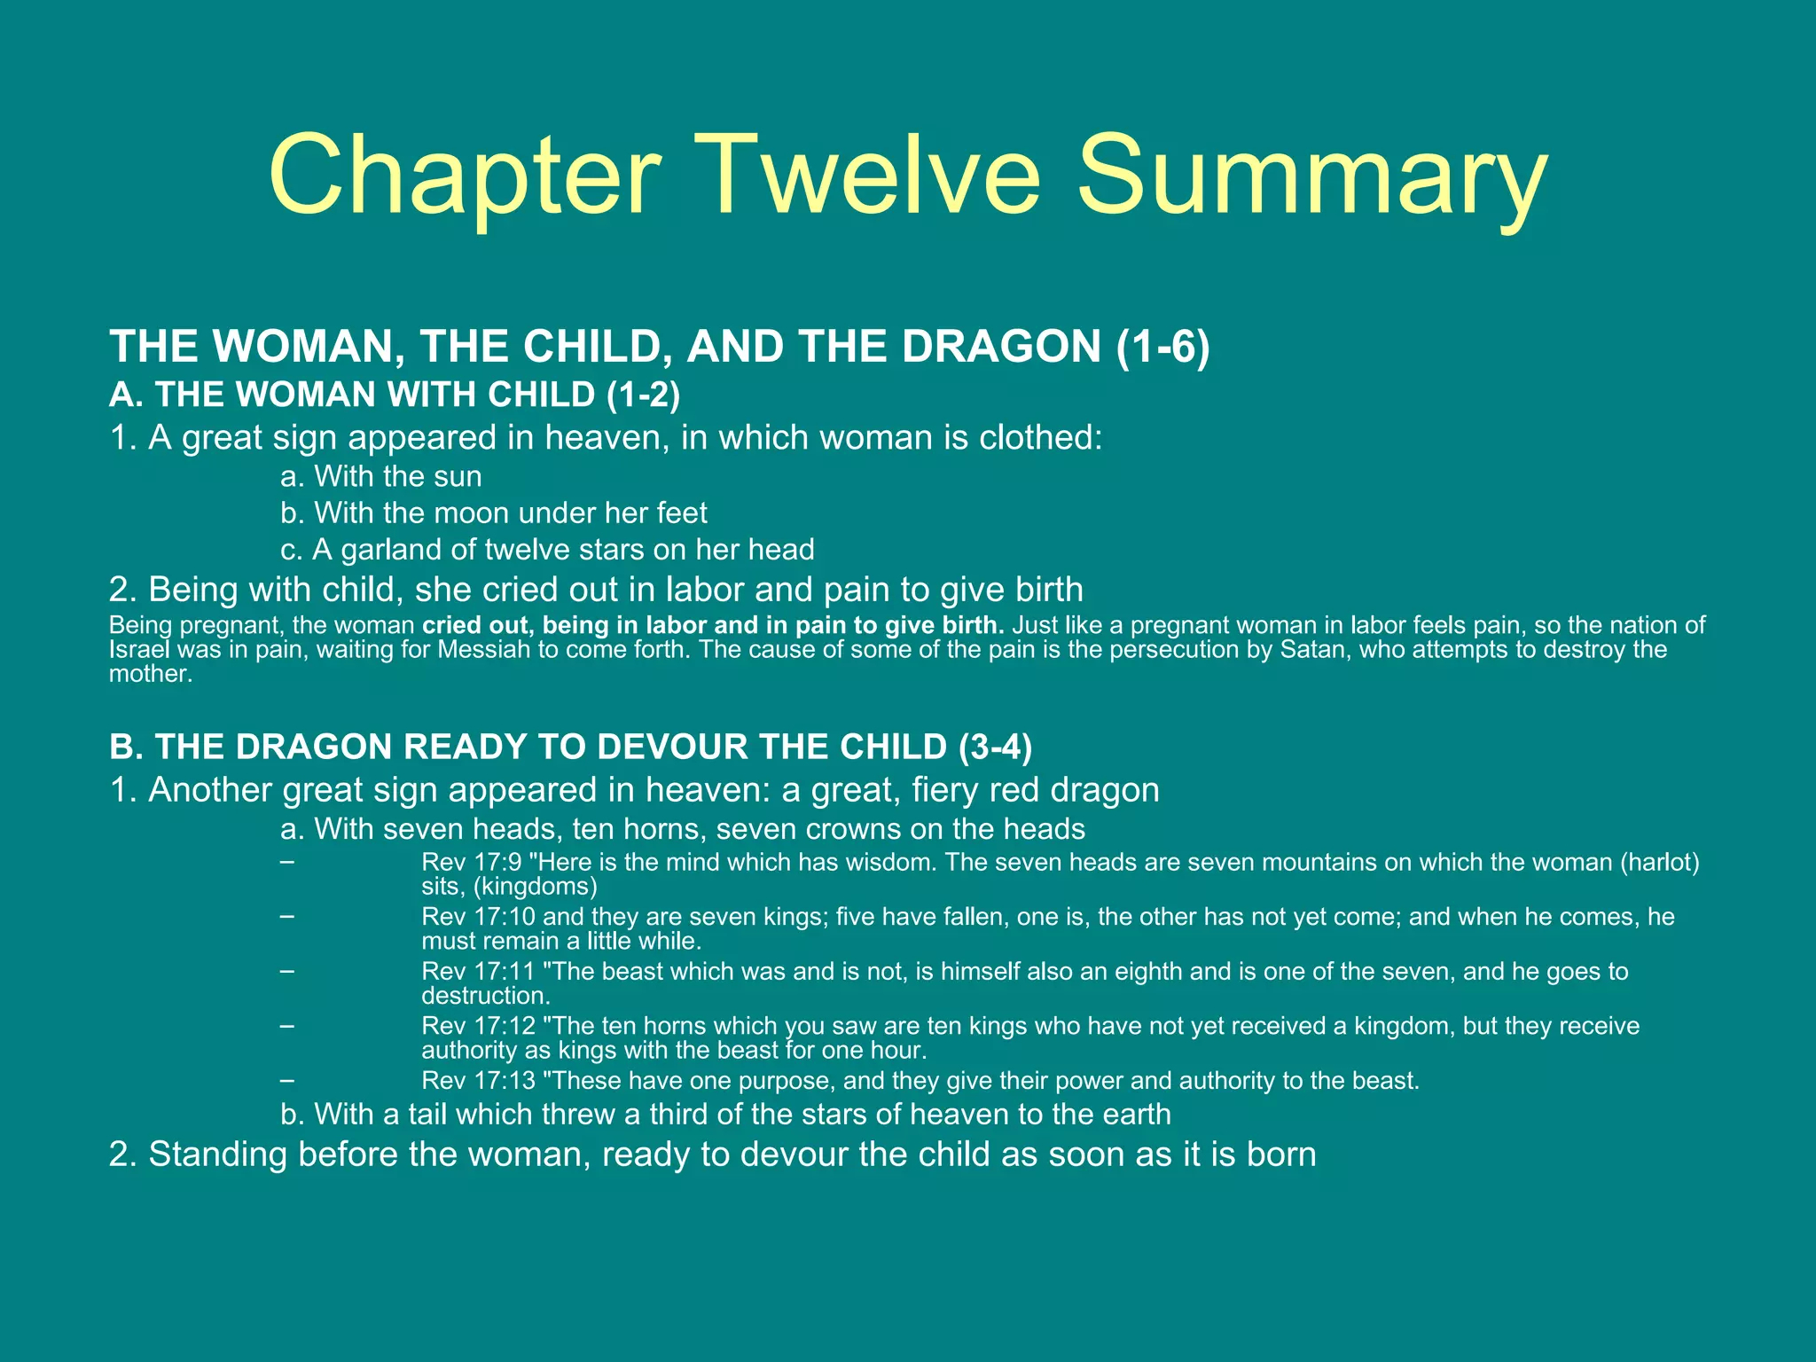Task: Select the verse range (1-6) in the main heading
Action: [1162, 346]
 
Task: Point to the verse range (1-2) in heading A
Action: [644, 395]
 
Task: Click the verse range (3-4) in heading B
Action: [995, 747]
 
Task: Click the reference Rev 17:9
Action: [471, 863]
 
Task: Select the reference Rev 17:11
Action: [479, 972]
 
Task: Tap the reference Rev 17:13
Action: [479, 1081]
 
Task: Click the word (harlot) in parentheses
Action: [1659, 863]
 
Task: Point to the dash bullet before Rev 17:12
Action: [286, 1026]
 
